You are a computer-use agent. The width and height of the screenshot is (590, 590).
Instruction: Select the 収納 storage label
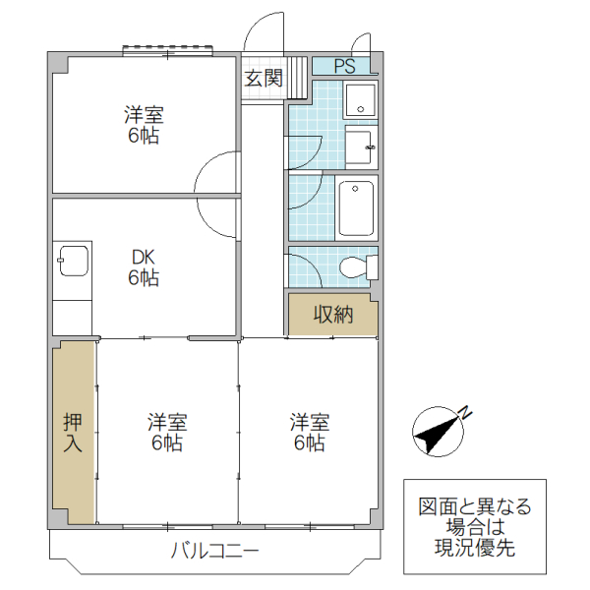(x=332, y=315)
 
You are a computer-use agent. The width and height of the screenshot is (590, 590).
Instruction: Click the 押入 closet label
(x=74, y=433)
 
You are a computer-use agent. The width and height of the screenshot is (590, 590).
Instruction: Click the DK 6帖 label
(x=144, y=267)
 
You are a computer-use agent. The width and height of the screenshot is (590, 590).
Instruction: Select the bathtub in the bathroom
(x=355, y=207)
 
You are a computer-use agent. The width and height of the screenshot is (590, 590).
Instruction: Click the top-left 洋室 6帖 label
(x=144, y=125)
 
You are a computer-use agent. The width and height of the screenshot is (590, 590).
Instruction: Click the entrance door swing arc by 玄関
(x=261, y=34)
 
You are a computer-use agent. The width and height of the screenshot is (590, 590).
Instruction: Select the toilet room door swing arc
(x=303, y=269)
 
